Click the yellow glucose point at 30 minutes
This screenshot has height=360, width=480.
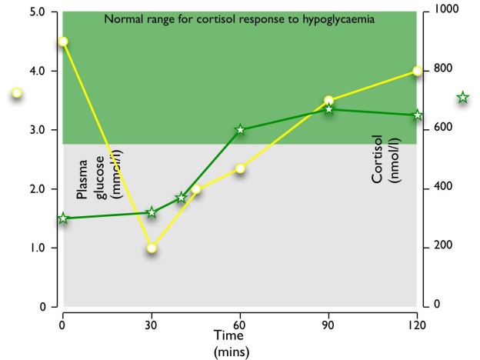[152, 248]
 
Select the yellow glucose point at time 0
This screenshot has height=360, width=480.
[63, 42]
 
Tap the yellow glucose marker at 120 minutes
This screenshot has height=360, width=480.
[417, 71]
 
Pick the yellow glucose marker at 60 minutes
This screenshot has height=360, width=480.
[240, 168]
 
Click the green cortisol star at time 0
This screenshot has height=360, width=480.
[63, 218]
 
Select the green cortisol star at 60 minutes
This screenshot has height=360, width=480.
[240, 130]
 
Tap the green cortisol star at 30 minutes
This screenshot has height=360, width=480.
[152, 212]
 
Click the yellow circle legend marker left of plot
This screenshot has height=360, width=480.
[17, 93]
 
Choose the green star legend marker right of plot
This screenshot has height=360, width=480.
[462, 98]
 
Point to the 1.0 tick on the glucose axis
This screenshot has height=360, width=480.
[37, 248]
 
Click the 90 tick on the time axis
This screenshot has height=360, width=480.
[328, 324]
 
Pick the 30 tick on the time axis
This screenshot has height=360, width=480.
[152, 324]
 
